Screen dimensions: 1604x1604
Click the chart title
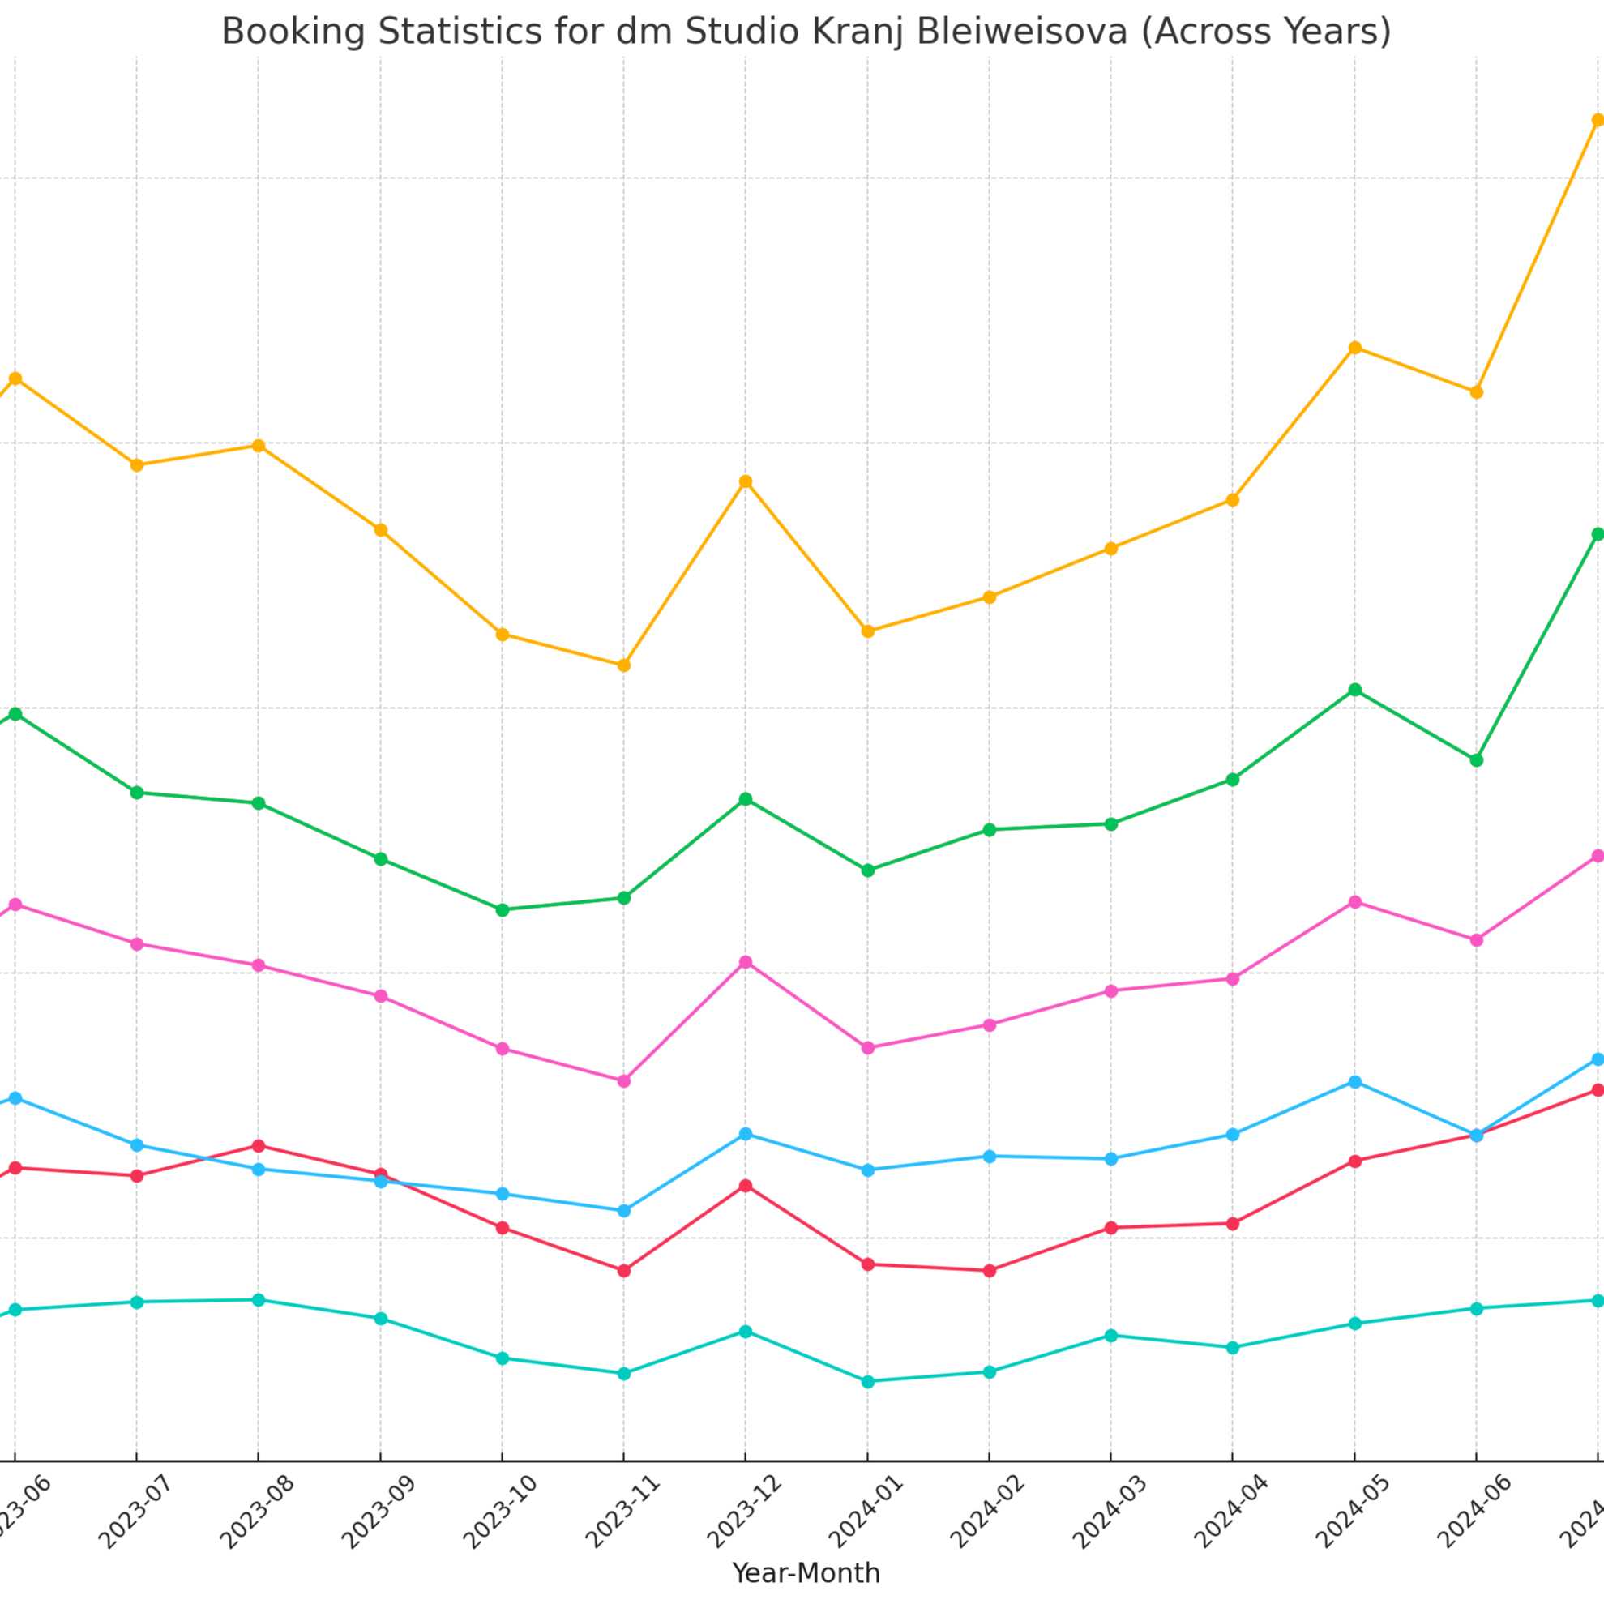pos(806,32)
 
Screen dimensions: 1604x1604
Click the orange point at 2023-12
pos(746,481)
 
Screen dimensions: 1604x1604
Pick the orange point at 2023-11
pos(624,665)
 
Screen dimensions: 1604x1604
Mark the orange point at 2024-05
pos(1355,347)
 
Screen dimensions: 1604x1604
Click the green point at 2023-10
pos(503,910)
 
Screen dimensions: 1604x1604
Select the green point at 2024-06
pos(1477,759)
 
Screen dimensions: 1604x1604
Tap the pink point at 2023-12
pos(746,962)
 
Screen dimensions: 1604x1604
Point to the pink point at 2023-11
pos(624,1081)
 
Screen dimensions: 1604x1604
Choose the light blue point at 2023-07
pos(137,1145)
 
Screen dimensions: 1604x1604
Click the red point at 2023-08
pos(259,1146)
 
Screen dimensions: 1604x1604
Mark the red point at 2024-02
pos(990,1270)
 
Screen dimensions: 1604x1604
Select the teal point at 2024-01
pos(867,1381)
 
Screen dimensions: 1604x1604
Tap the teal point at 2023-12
pos(746,1332)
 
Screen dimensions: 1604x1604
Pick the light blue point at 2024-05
pos(1355,1082)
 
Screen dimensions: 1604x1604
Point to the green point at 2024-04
pos(1233,780)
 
